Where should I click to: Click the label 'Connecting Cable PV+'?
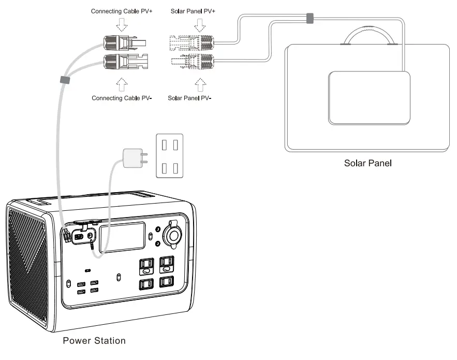pos(122,11)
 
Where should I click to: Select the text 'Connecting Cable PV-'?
pos(122,97)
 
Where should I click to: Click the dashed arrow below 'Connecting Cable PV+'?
pos(122,24)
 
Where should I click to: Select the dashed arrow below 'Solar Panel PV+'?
pos(199,24)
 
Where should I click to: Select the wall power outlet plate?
pos(170,155)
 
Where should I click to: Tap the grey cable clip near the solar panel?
pos(309,19)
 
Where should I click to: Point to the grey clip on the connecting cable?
pos(65,80)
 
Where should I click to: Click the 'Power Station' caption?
pos(94,341)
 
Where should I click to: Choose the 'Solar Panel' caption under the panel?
pos(368,163)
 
